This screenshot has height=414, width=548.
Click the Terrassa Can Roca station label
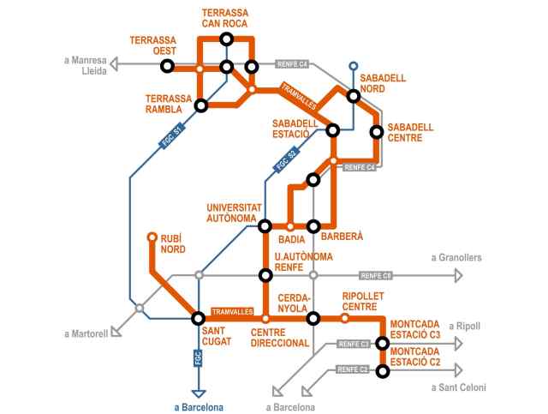[x=224, y=19]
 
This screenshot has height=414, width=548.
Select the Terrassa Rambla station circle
[x=201, y=106]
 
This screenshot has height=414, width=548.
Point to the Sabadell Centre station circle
[x=376, y=131]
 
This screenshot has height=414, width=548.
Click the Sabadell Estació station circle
[x=333, y=131]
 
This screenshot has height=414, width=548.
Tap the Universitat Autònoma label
[x=231, y=213]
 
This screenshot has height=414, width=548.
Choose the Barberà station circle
[x=313, y=226]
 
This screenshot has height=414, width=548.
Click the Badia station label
[x=292, y=239]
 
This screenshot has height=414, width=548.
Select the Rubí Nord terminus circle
[x=152, y=237]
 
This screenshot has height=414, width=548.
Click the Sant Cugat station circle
[x=199, y=318]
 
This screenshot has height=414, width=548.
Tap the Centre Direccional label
[x=279, y=337]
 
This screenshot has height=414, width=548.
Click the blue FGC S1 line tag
[x=172, y=138]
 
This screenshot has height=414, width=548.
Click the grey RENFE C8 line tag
[x=376, y=275]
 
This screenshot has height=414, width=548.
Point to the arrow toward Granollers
[x=457, y=275]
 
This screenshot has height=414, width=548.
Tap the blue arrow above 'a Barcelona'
[x=199, y=392]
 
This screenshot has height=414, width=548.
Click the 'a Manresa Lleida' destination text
[x=86, y=65]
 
